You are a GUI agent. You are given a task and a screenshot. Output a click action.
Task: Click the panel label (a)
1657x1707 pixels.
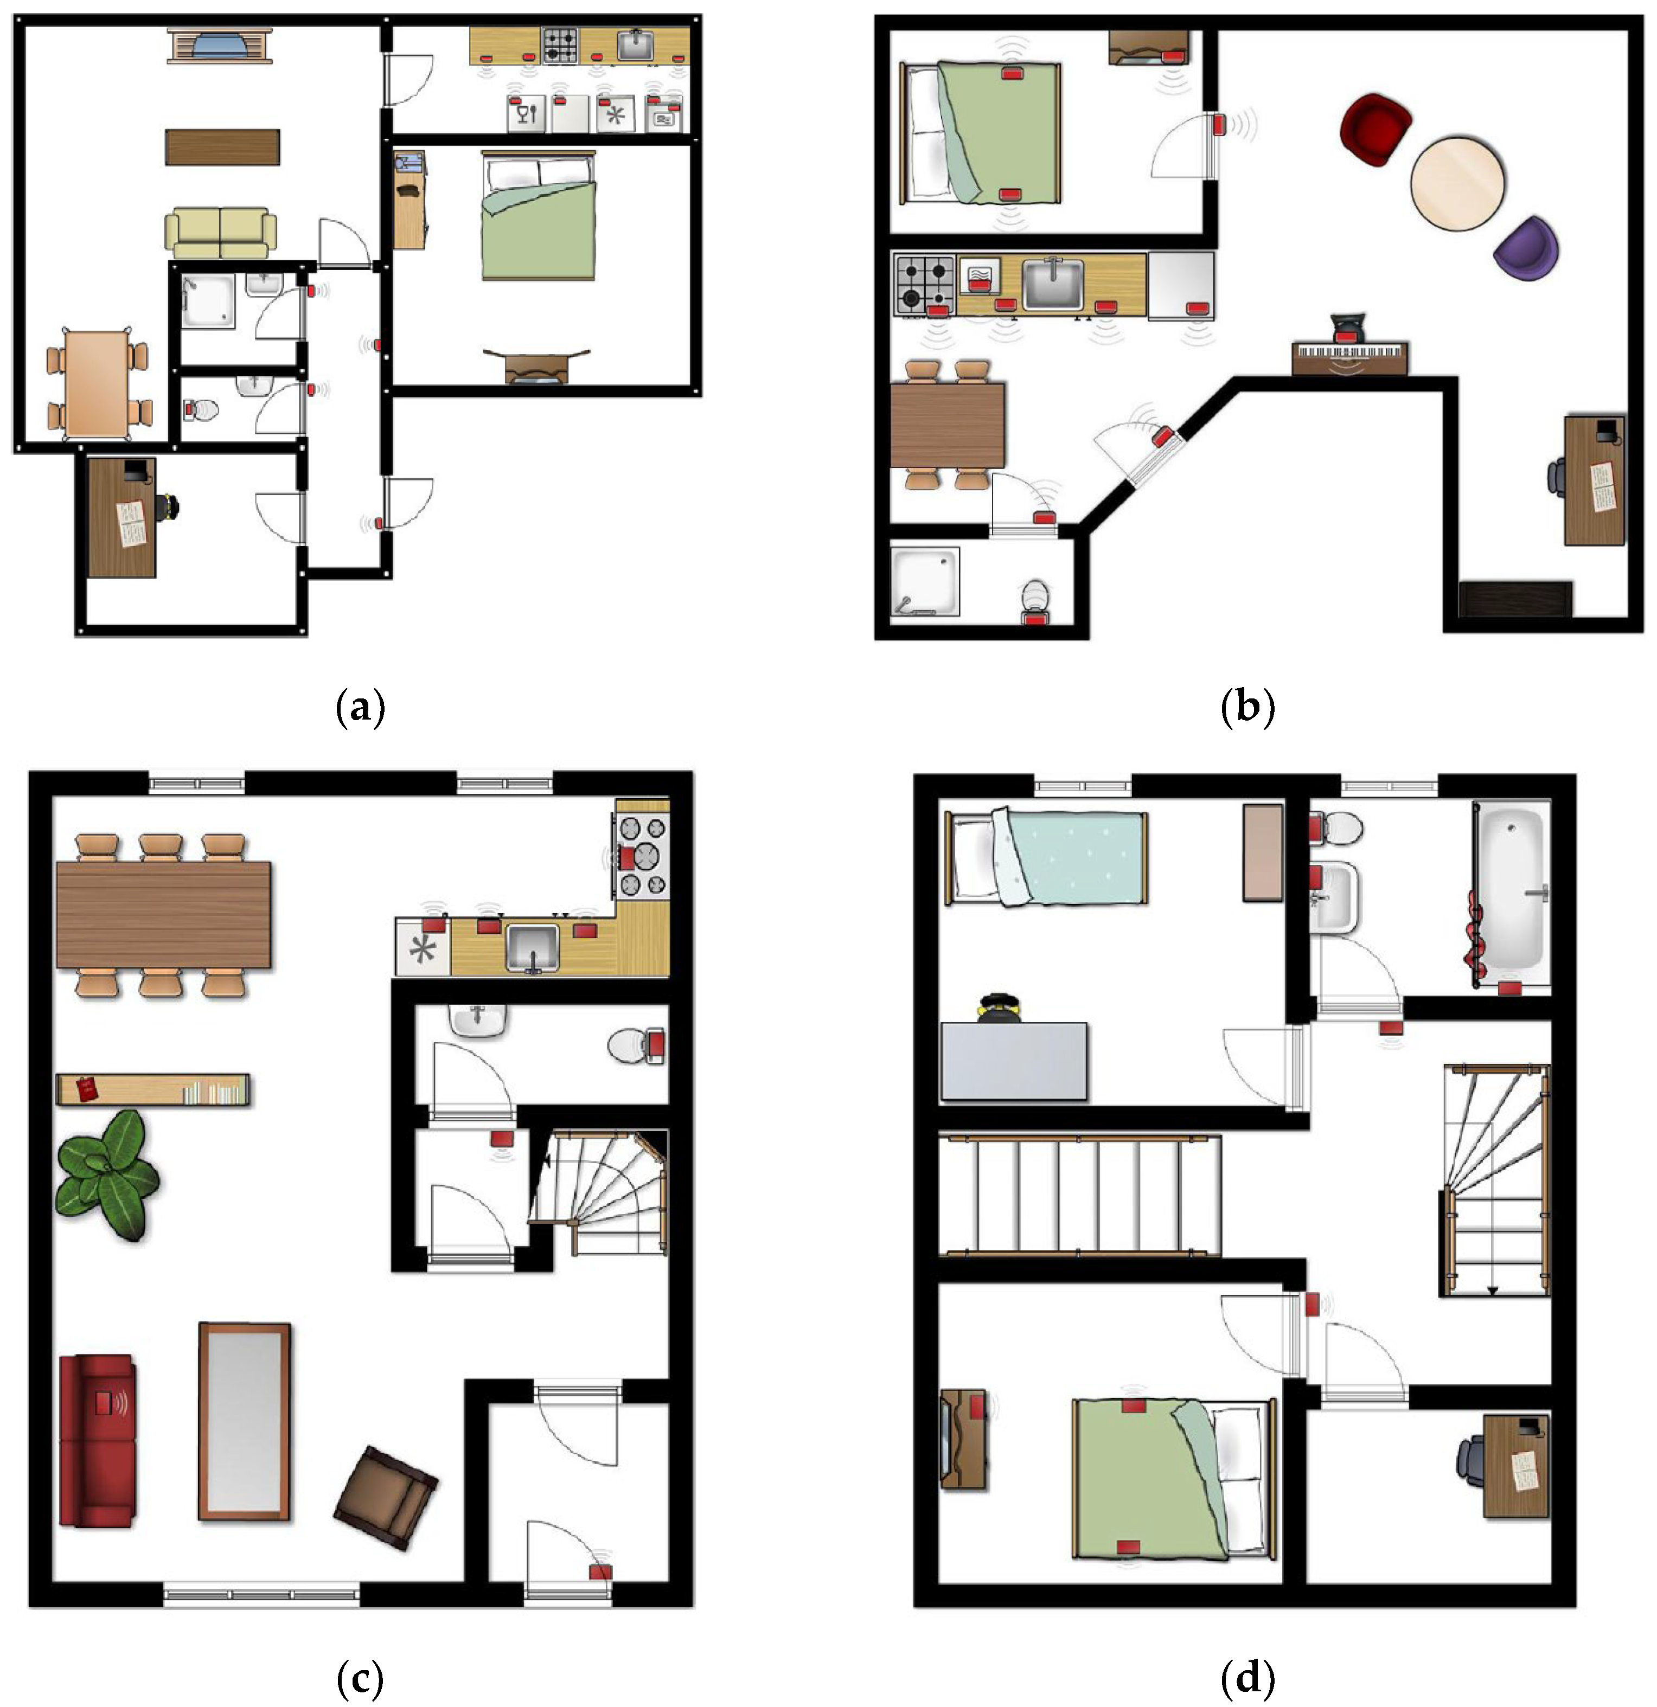click(x=360, y=707)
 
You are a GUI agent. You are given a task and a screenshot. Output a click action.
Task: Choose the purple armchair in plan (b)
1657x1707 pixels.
click(x=1525, y=247)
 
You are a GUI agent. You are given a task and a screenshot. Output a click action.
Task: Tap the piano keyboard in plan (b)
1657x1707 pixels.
click(x=1349, y=355)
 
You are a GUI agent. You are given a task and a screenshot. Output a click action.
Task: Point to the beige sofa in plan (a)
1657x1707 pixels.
click(x=220, y=233)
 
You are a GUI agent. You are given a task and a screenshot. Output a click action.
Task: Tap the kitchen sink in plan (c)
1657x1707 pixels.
click(x=532, y=947)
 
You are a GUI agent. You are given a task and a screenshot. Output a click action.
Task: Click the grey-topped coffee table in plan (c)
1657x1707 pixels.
click(x=244, y=1421)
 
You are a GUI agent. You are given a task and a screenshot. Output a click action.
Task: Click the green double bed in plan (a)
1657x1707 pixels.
click(x=539, y=216)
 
